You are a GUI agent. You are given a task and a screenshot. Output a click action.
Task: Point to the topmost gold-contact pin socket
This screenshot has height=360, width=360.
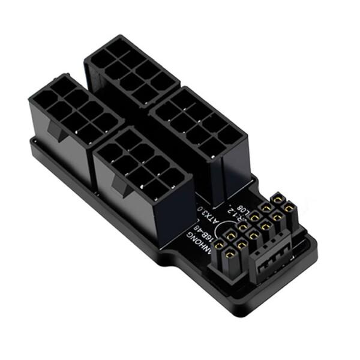coord(278,199)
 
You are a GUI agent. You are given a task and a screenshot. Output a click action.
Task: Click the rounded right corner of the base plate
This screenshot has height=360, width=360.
coord(312,243)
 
